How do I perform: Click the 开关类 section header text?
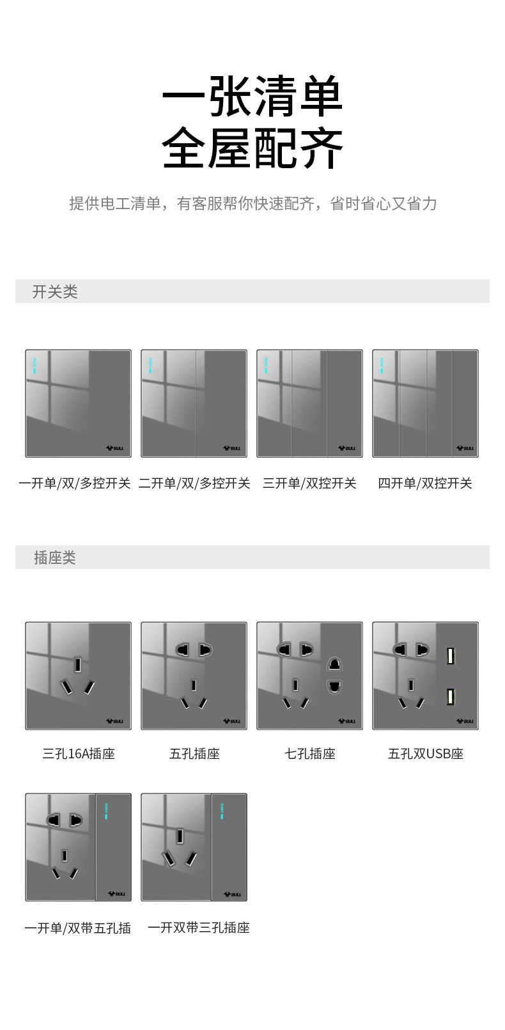[55, 292]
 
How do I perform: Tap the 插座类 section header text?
[55, 558]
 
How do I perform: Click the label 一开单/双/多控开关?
[75, 483]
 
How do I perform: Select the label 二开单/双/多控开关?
[194, 483]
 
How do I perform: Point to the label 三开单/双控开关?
[309, 483]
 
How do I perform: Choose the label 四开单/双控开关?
[425, 483]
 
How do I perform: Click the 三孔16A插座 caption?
[79, 754]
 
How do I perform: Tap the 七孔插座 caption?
[310, 754]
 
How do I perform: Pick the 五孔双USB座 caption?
[426, 754]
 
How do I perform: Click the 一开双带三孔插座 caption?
[199, 928]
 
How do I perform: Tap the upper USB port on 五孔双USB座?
[451, 656]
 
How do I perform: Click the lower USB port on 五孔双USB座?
[451, 697]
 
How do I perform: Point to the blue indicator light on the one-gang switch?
[35, 365]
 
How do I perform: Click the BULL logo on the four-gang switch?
[465, 448]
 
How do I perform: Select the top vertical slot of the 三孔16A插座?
[78, 664]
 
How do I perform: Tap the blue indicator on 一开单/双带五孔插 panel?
[106, 811]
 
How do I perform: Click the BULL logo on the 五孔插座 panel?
[232, 721]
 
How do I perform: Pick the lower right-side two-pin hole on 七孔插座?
[334, 687]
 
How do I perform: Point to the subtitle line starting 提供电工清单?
[253, 203]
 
